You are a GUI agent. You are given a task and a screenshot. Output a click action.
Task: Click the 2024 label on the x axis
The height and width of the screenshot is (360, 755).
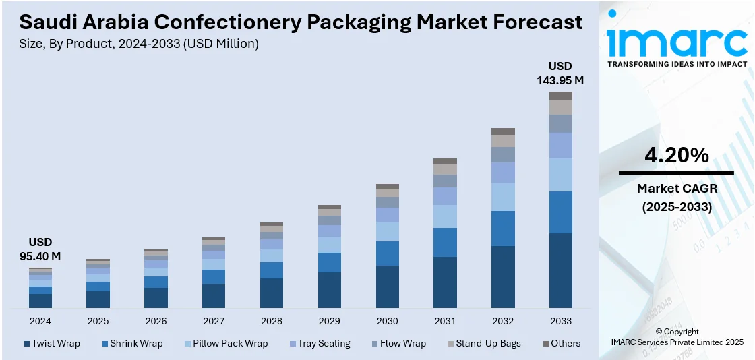40,321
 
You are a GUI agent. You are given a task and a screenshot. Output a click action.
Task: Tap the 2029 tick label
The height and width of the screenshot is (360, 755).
330,321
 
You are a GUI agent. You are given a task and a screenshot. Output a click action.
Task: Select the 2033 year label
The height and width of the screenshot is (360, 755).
561,321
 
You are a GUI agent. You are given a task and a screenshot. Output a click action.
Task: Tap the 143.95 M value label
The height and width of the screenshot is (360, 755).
560,80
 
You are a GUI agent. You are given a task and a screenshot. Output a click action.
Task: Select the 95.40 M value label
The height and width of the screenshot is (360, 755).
40,256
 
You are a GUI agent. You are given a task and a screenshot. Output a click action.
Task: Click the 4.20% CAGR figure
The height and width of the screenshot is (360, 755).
676,156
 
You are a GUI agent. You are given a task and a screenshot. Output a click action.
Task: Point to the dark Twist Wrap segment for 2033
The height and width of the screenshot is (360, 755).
561,270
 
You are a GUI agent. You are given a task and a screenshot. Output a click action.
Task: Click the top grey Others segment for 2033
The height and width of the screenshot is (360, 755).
561,96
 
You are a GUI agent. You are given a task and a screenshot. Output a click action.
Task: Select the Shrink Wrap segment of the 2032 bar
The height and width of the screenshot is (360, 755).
503,229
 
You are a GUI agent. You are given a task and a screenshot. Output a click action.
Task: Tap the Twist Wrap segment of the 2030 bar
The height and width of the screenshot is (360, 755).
388,287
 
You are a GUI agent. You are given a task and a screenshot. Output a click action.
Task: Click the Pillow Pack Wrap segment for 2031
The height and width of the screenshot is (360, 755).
445,216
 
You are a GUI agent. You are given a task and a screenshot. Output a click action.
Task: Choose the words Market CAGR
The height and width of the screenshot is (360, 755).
676,189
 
